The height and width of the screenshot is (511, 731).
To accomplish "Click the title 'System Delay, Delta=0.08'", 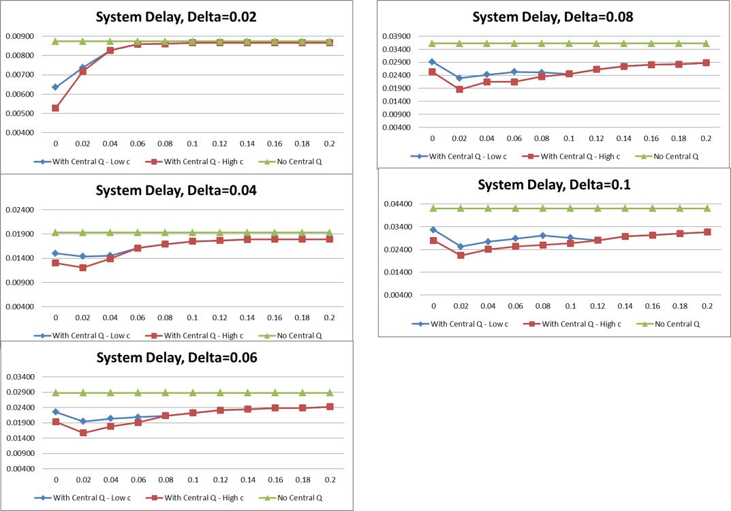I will tap(553, 17).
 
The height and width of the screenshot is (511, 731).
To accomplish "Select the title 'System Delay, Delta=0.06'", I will tap(176, 358).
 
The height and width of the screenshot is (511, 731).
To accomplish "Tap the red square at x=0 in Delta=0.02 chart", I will tap(55, 108).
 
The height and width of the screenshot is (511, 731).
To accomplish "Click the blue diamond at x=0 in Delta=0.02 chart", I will tap(55, 87).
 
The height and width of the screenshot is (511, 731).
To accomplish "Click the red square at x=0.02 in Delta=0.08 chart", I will tap(459, 89).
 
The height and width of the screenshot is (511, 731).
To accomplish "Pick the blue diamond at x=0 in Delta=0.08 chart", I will tap(432, 61).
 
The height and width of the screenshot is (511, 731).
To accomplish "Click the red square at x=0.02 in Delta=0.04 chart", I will tap(83, 268).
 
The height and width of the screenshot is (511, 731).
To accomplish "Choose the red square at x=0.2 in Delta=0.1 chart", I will tap(707, 232).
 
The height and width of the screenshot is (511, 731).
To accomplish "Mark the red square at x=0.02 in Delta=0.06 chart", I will tap(83, 433).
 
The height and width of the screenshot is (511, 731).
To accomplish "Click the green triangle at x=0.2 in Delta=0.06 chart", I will tap(330, 392).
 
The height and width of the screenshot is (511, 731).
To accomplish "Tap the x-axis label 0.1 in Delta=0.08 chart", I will tap(569, 138).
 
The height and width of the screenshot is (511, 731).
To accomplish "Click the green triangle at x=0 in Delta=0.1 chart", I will tap(433, 208).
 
